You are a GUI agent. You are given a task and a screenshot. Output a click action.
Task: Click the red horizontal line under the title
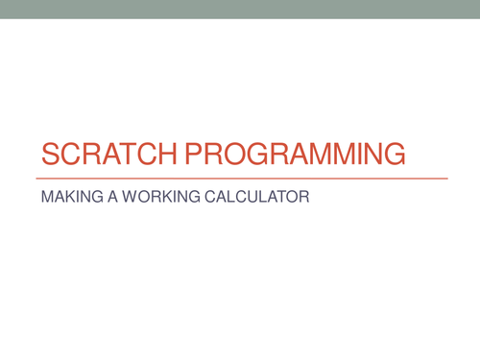[241, 179]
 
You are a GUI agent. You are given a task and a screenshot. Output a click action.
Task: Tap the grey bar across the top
[240, 9]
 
